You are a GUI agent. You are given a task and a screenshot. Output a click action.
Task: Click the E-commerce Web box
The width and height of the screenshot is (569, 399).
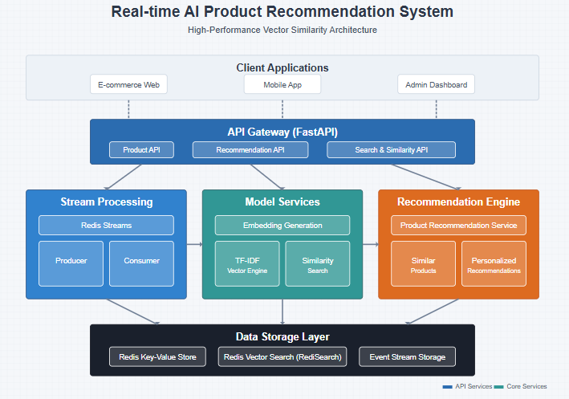coord(128,84)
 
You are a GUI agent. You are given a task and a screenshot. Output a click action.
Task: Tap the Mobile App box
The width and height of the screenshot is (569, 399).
coord(282,84)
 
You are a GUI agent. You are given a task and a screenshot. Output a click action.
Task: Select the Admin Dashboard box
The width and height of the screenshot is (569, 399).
coord(436,84)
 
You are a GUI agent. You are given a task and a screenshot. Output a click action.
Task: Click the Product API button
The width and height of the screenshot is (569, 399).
coord(141,150)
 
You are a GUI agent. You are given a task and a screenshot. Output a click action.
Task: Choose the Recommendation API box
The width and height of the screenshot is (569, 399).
coord(250,150)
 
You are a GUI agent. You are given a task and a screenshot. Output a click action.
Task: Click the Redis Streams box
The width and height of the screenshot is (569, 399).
coord(106,225)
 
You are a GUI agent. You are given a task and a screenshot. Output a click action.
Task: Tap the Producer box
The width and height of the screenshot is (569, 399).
coord(71,263)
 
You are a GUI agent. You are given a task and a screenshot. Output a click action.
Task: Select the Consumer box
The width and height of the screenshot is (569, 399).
coord(141,263)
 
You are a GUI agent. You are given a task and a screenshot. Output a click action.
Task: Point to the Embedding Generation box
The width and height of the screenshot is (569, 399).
coord(282,225)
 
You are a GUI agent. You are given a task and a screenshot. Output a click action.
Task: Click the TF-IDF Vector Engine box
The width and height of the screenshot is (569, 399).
coord(247,263)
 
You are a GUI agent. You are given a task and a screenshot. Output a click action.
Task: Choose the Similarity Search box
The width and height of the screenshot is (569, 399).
coord(318,263)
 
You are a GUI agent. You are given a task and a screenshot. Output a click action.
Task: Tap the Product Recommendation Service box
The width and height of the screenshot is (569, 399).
coord(458,225)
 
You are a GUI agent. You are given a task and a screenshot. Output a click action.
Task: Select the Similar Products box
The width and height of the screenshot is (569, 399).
coord(423,263)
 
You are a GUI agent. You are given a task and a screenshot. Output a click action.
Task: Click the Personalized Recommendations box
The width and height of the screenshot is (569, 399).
coord(494,263)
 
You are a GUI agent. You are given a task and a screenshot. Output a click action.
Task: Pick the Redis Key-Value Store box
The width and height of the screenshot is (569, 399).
coord(158,356)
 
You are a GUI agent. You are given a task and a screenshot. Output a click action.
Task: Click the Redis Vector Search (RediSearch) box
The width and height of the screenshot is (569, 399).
coord(282,356)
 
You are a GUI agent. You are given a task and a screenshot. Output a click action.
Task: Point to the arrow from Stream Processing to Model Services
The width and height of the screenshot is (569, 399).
coord(194,244)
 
